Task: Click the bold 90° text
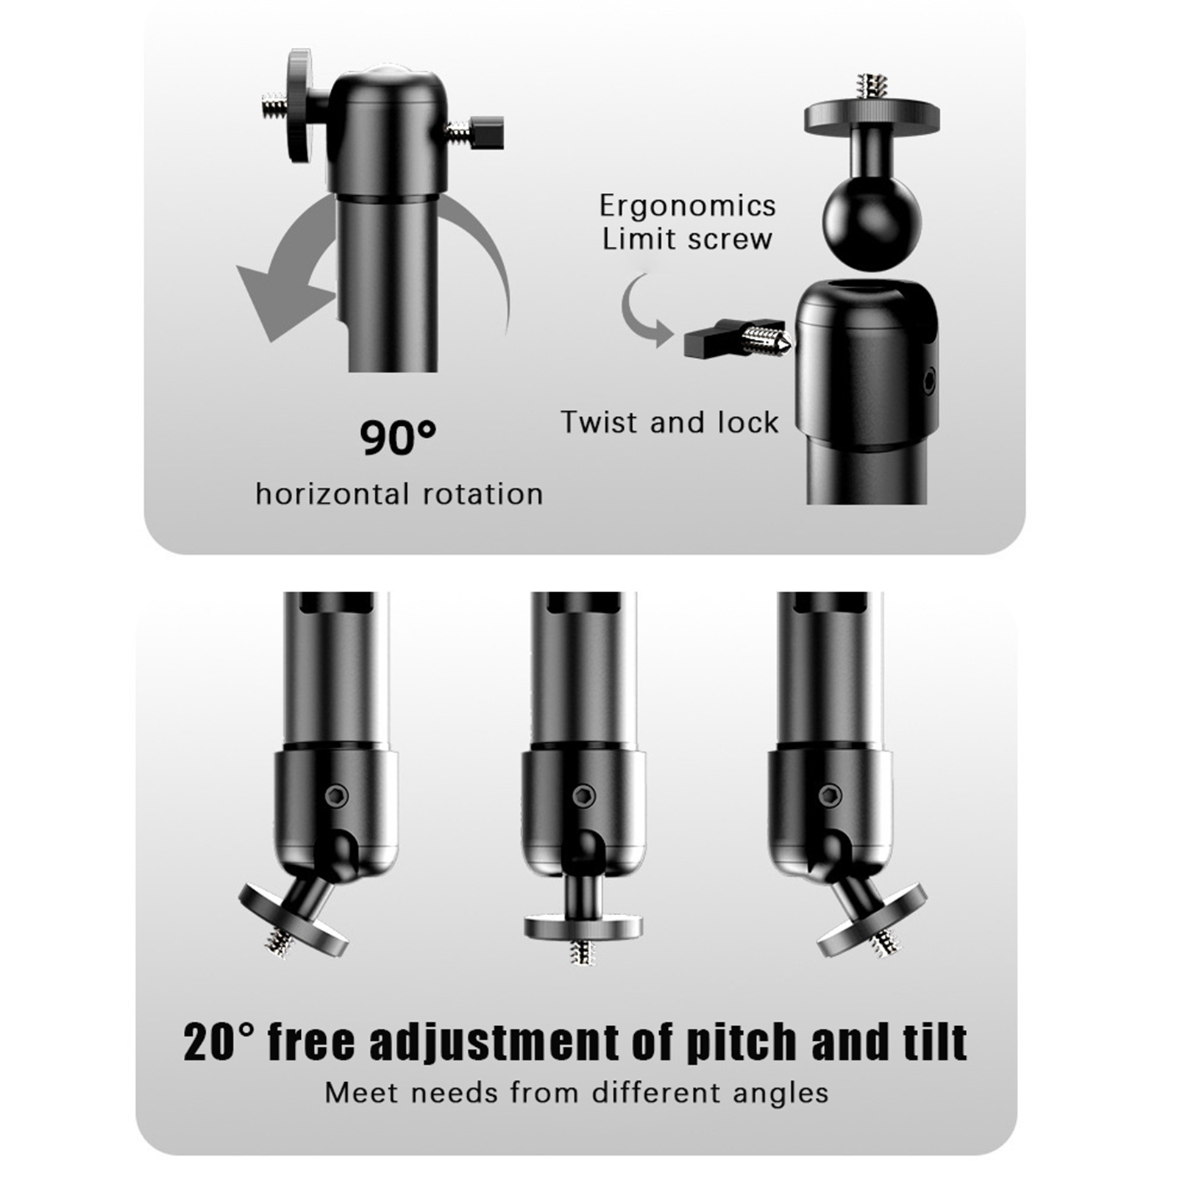[398, 438]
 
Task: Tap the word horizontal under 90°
[333, 494]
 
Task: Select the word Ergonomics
[688, 207]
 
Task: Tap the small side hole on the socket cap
[929, 380]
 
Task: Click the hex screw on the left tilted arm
[337, 794]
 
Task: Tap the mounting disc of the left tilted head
[293, 919]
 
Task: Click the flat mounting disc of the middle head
[583, 927]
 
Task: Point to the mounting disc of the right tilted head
[872, 920]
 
